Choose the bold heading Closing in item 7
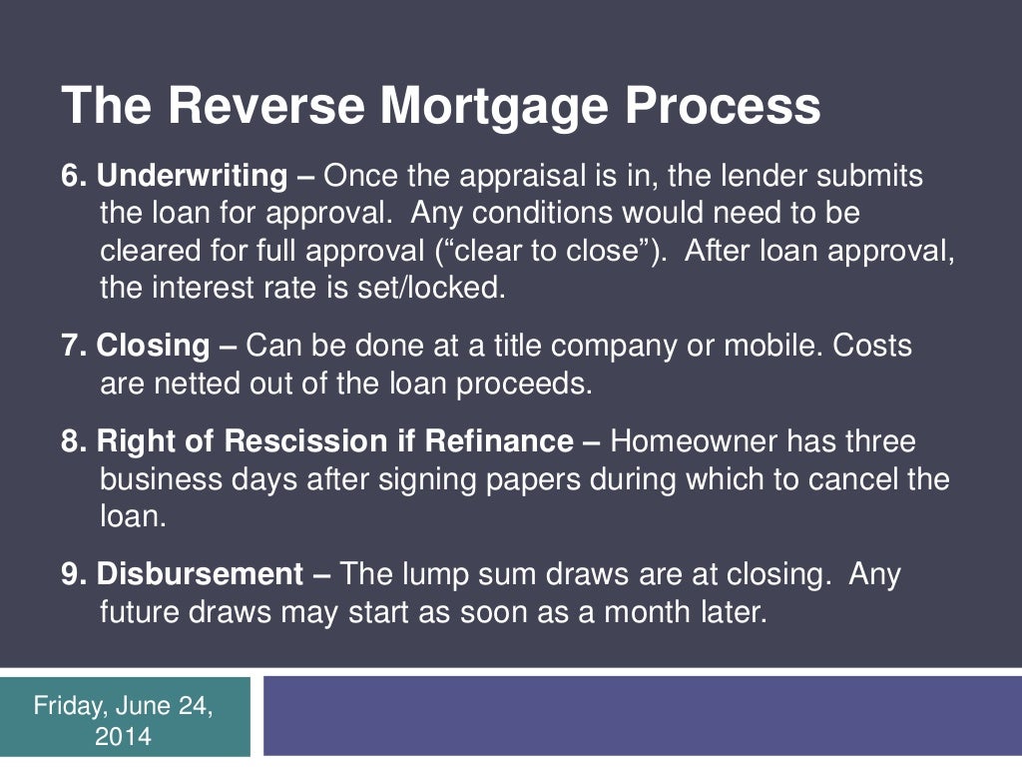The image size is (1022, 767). pos(153,347)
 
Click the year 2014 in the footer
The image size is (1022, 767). pos(124,738)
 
